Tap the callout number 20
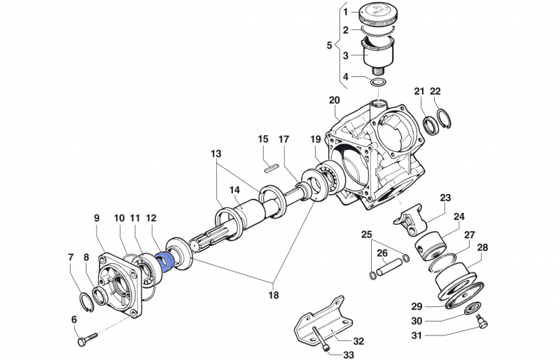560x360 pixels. [x=334, y=100]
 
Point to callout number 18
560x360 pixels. [x=273, y=295]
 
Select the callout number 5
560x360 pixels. [x=330, y=46]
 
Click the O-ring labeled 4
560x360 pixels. [x=379, y=84]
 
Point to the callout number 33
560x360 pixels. [x=349, y=354]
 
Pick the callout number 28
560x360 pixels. [x=482, y=249]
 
